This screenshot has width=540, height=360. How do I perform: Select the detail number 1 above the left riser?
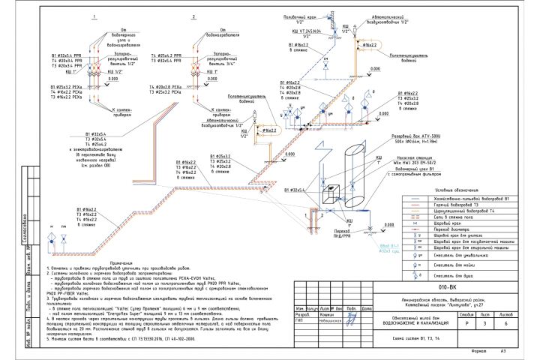click(x=93, y=16)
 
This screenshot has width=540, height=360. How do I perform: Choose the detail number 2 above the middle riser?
click(x=193, y=16)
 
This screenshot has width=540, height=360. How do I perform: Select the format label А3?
click(x=504, y=350)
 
